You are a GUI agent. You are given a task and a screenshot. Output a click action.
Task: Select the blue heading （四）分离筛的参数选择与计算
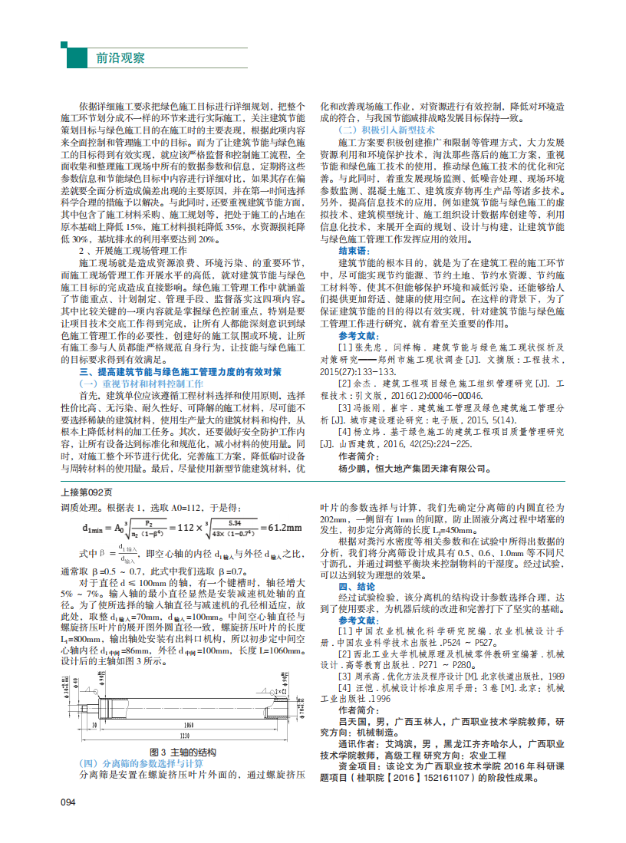(x=142, y=763)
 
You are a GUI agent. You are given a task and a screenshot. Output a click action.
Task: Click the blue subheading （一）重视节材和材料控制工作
(x=142, y=382)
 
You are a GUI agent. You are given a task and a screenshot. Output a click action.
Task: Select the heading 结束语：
(x=354, y=251)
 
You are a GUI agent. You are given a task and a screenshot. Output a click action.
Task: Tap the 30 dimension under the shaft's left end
(x=94, y=725)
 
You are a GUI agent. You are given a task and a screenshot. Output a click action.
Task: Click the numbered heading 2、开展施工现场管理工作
(x=134, y=250)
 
